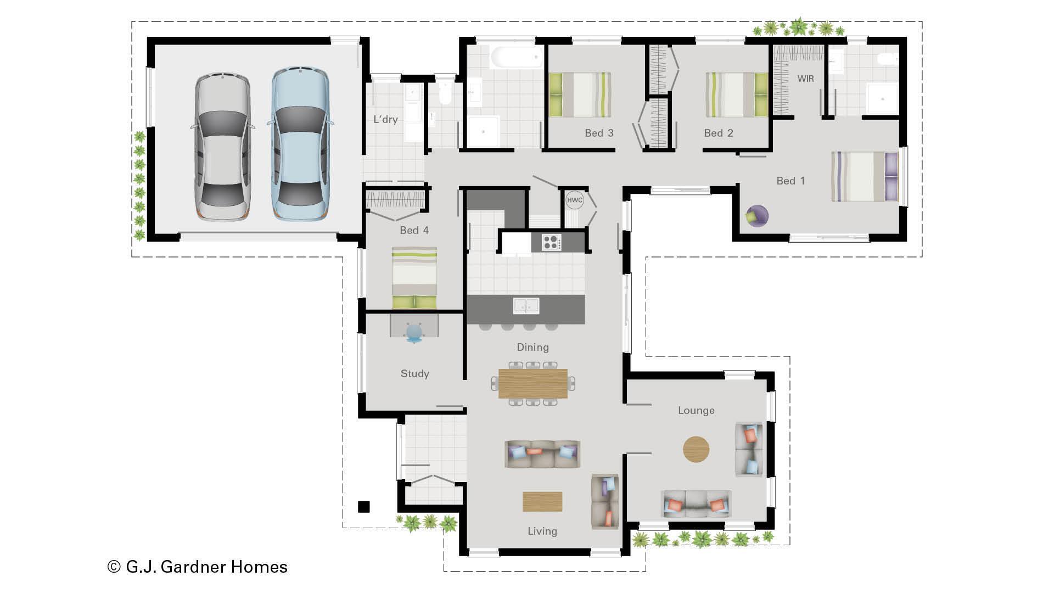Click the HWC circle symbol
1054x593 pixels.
(x=574, y=200)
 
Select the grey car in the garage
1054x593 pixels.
(x=222, y=147)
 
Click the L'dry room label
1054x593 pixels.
(x=385, y=119)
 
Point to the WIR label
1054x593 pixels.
(x=805, y=79)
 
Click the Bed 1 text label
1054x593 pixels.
(x=790, y=181)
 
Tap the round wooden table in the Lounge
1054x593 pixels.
(x=696, y=449)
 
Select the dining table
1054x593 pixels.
(x=532, y=383)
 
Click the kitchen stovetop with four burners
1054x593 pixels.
(x=551, y=242)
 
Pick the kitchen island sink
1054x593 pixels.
(x=526, y=306)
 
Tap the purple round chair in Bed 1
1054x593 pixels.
(x=758, y=215)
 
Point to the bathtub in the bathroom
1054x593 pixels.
(x=516, y=57)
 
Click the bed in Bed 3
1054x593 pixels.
(x=580, y=95)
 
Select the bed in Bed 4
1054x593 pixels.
(x=414, y=277)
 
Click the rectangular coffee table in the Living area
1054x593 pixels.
(x=542, y=501)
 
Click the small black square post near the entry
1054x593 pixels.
(x=364, y=506)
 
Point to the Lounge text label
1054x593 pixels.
(x=696, y=410)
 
